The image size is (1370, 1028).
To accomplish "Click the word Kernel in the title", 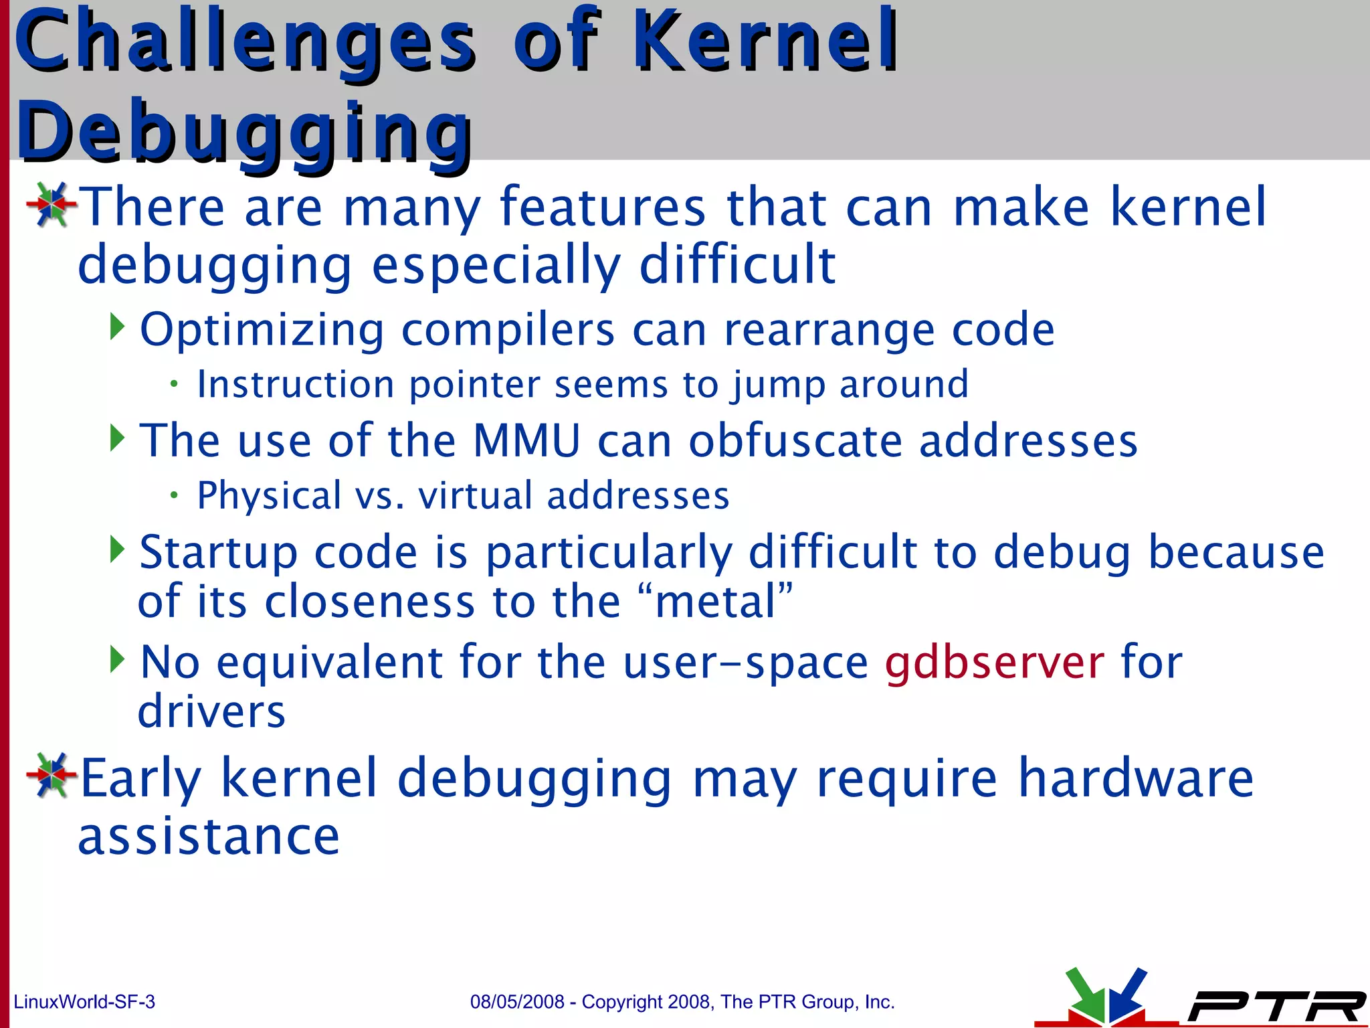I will tap(765, 41).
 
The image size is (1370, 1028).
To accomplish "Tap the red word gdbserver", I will tap(994, 662).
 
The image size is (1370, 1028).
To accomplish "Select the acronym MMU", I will tap(526, 441).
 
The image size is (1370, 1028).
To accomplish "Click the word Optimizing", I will tap(262, 330).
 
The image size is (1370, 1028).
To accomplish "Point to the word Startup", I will tap(217, 553).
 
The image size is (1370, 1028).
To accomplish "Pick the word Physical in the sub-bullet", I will tap(269, 496).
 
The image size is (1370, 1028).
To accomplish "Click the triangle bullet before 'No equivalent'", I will tap(117, 659).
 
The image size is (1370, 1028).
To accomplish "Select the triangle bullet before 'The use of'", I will tap(117, 438).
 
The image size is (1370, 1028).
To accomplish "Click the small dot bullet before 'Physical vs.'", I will tap(174, 495).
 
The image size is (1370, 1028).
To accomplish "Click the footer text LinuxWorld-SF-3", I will tap(84, 1002).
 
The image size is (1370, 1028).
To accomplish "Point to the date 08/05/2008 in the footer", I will tap(517, 1002).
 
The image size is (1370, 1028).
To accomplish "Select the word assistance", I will tap(209, 837).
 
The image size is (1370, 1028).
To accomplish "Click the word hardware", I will tap(1135, 778).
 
